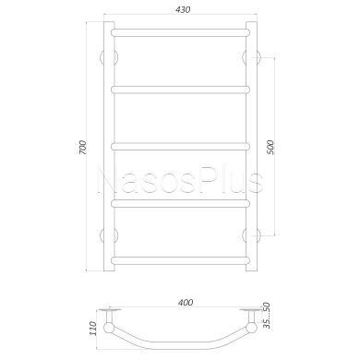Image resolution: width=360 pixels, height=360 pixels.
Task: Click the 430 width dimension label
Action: tap(183, 10)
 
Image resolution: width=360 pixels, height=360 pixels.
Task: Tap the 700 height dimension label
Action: tap(83, 147)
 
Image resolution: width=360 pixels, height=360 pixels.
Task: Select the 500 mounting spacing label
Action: tap(270, 147)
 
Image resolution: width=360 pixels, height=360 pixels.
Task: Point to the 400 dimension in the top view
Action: tap(186, 303)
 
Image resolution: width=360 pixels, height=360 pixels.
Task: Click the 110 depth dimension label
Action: tap(93, 329)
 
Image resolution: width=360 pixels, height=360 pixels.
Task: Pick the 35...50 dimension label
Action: tap(267, 316)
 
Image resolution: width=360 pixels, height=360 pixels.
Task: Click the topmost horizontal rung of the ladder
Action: tap(180, 32)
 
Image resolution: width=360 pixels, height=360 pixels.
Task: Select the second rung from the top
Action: tap(180, 90)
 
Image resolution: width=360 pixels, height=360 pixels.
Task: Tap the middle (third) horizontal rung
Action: tap(180, 146)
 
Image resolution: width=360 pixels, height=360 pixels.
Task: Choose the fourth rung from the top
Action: tap(180, 203)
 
